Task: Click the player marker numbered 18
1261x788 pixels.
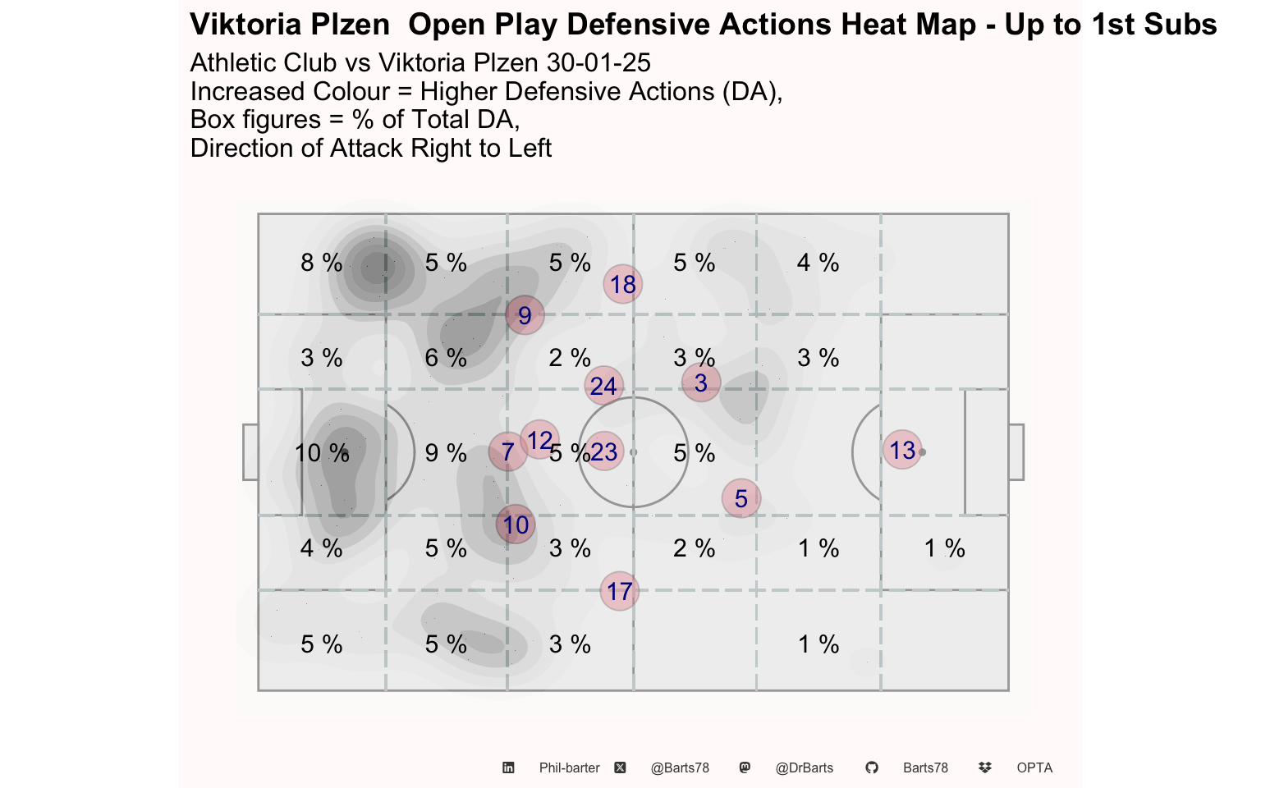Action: (x=622, y=284)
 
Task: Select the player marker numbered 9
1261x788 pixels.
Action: (x=525, y=315)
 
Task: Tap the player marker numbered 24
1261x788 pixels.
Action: (x=604, y=386)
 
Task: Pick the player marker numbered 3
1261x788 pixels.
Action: (x=701, y=383)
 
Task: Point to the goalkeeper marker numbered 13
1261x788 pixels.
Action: (x=902, y=450)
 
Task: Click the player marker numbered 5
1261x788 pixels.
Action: (x=741, y=498)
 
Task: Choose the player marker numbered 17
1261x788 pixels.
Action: (x=619, y=591)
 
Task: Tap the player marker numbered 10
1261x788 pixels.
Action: (x=515, y=525)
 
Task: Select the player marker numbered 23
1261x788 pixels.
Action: (x=604, y=451)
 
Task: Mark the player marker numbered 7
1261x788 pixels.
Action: (x=508, y=451)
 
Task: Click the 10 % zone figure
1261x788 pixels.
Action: (x=322, y=453)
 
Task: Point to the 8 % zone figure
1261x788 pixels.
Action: (x=322, y=263)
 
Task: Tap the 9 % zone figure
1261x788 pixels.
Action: (x=446, y=453)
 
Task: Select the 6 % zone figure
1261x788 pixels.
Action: (x=446, y=358)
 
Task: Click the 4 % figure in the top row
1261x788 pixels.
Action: (x=818, y=263)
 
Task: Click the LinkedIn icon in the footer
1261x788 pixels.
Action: (x=508, y=767)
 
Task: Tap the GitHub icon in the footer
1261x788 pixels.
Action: (x=871, y=767)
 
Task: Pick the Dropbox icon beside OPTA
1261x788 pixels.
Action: (x=984, y=767)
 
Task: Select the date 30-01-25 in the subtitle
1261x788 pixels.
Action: (x=598, y=62)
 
